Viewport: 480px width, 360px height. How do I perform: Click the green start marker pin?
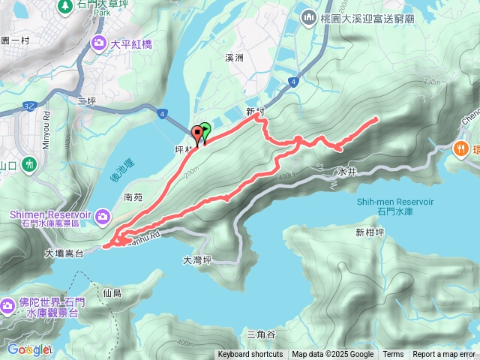pyautogui.click(x=205, y=129)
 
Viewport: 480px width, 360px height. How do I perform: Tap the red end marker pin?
pyautogui.click(x=199, y=134)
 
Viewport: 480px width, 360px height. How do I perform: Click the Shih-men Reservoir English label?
pyautogui.click(x=395, y=202)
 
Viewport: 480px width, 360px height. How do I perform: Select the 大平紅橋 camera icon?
pyautogui.click(x=99, y=43)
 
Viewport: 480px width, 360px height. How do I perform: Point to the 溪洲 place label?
pyautogui.click(x=235, y=57)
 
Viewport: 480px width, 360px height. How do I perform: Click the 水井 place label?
pyautogui.click(x=346, y=172)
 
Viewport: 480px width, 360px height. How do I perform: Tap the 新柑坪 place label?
pyautogui.click(x=370, y=232)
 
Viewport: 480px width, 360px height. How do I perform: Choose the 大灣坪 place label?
pyautogui.click(x=198, y=260)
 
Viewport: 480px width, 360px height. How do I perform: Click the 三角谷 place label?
pyautogui.click(x=261, y=334)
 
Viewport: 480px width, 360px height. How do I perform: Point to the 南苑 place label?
pyautogui.click(x=133, y=197)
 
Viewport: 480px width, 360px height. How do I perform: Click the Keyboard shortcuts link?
pyautogui.click(x=250, y=355)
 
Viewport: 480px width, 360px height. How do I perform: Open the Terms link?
pyautogui.click(x=393, y=355)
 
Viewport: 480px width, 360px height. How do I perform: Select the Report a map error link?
pyautogui.click(x=445, y=355)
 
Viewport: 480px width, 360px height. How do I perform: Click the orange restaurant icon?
pyautogui.click(x=460, y=148)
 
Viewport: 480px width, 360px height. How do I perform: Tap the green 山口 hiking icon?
pyautogui.click(x=29, y=163)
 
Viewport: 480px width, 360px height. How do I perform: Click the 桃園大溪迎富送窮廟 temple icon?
pyautogui.click(x=307, y=16)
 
